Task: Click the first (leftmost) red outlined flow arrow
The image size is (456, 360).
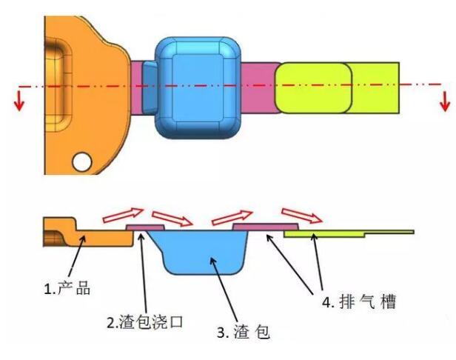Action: pyautogui.click(x=121, y=216)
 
